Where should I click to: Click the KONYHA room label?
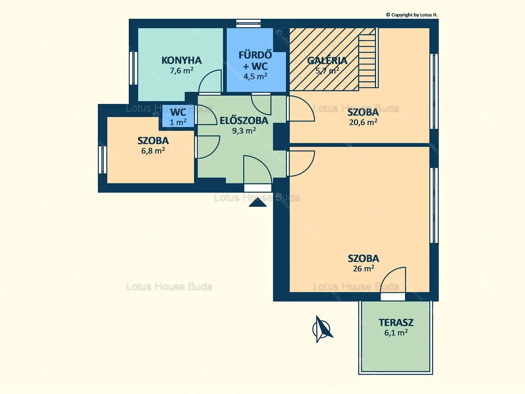[182, 60]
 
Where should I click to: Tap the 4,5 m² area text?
[255, 76]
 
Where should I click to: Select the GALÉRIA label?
[327, 60]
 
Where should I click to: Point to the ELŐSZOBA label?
[244, 120]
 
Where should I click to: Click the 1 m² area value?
[178, 122]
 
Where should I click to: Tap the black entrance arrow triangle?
[258, 203]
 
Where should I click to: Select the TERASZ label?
[396, 323]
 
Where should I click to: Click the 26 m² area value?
[363, 268]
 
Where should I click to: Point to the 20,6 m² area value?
[363, 122]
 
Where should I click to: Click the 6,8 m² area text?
[153, 151]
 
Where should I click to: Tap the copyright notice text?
[412, 15]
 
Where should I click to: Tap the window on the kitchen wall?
[133, 68]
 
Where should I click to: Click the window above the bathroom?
[248, 23]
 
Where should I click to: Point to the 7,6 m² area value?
[182, 71]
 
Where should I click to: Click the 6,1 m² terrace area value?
[396, 333]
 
